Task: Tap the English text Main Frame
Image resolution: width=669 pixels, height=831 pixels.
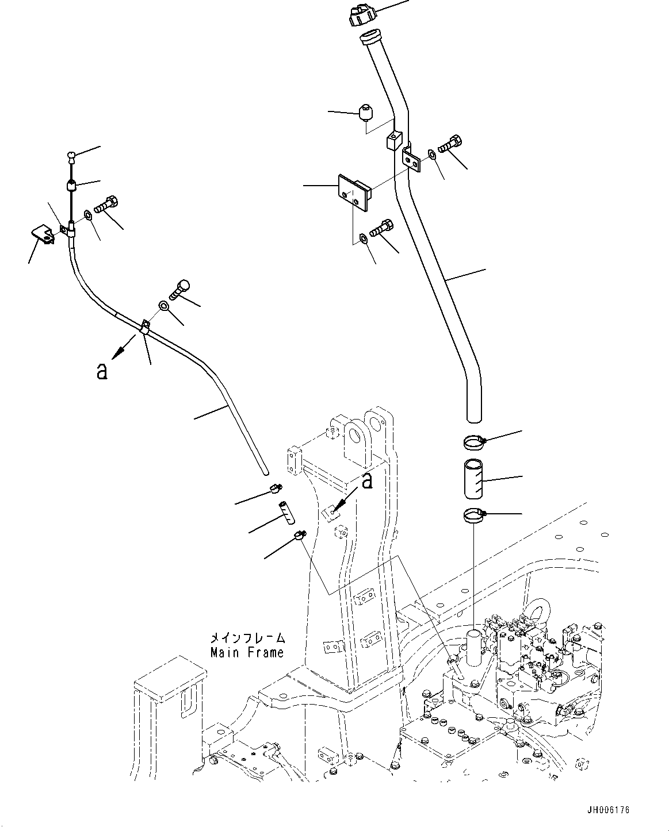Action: [x=247, y=653]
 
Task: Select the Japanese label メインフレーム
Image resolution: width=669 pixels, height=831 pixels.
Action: [x=247, y=638]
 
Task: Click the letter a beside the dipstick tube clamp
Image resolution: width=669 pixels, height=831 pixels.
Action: [x=102, y=372]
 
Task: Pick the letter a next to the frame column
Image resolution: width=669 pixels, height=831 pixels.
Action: [x=366, y=480]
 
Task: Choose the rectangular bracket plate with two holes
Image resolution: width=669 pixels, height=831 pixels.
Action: [x=354, y=192]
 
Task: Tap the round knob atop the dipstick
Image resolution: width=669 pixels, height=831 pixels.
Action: [x=70, y=154]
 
